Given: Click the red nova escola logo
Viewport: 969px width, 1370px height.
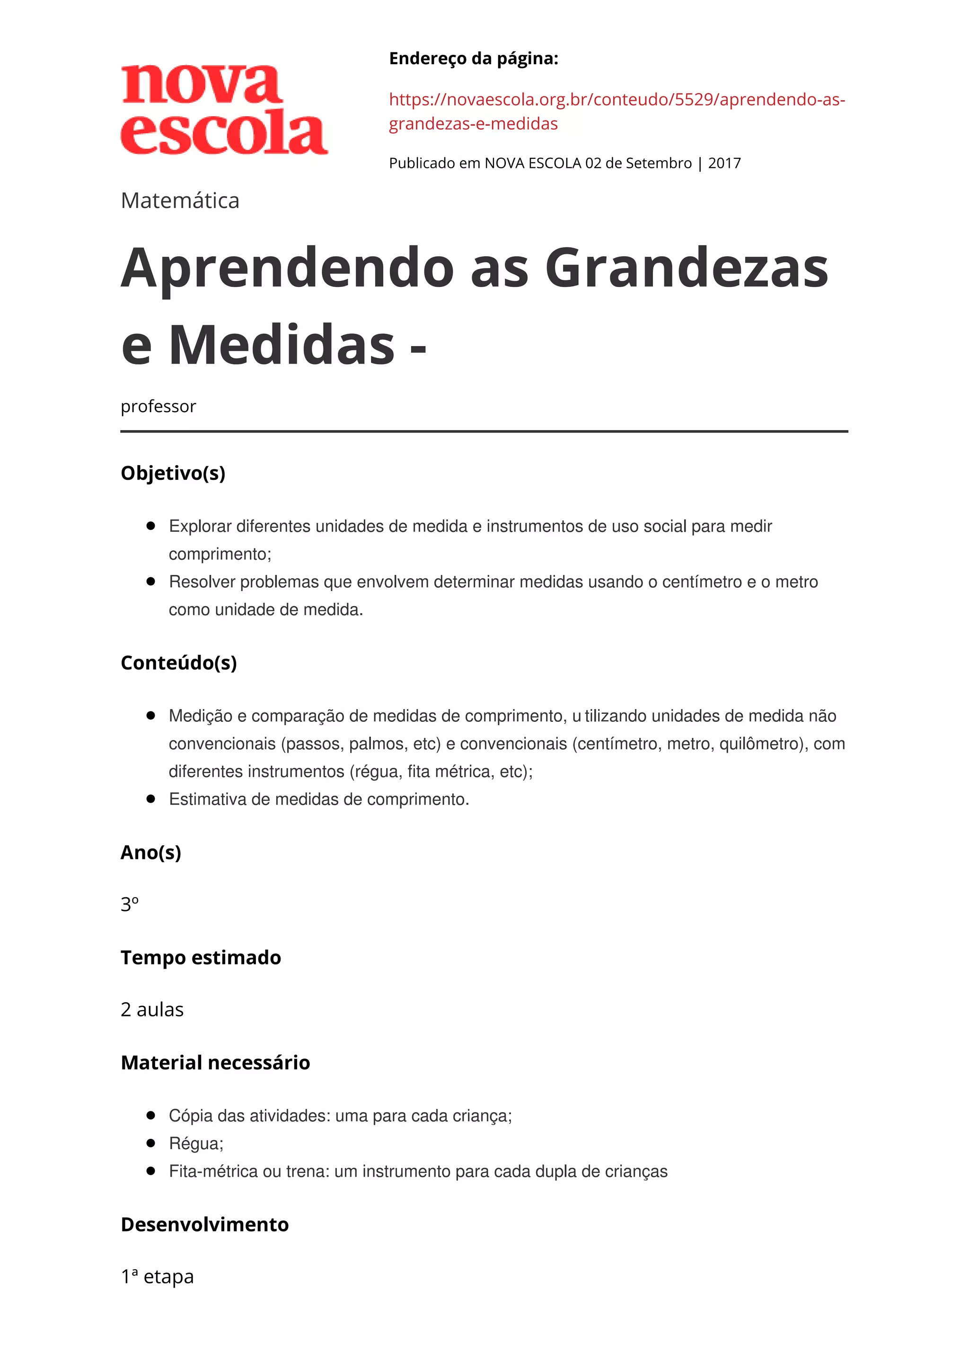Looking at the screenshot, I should [224, 111].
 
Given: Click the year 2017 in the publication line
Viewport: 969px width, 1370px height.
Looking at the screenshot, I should [724, 164].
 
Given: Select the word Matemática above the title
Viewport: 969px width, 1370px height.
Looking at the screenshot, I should [180, 201].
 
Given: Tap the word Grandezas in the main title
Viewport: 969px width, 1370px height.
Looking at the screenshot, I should [686, 269].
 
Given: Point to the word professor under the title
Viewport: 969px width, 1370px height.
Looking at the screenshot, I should [158, 407].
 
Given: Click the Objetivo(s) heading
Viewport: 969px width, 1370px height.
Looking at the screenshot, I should [173, 473].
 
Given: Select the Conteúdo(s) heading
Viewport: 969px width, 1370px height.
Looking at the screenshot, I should [178, 663].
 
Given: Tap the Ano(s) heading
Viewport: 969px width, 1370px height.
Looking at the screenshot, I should [150, 852].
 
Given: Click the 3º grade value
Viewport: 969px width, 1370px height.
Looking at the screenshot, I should [130, 904].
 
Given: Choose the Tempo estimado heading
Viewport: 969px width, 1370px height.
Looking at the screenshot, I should [201, 958].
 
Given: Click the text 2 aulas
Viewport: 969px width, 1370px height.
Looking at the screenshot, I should [152, 1010].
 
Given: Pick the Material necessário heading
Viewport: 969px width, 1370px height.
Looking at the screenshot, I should [215, 1063].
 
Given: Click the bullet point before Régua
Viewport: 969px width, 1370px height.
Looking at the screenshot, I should [151, 1143].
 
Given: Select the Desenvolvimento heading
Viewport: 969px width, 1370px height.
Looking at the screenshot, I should [204, 1224].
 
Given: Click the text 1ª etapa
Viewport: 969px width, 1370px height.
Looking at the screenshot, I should [157, 1277].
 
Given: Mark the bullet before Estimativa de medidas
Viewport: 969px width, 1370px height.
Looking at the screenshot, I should [151, 799].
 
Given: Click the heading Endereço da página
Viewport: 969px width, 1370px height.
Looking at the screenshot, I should [474, 59].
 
